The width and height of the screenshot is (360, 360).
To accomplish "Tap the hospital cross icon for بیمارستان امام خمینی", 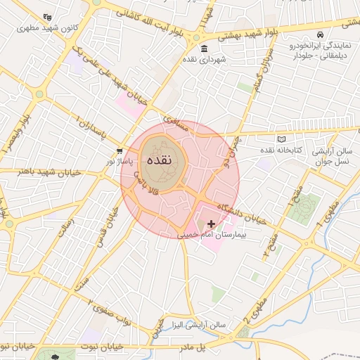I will pos(212,223).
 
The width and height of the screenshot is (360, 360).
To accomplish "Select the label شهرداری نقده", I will pos(205,60).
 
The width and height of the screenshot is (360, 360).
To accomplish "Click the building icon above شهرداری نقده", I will pos(204,49).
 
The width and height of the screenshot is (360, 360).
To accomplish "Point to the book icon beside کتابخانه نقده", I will pos(283,139).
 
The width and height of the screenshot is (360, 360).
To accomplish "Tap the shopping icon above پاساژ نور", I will pos(120,150).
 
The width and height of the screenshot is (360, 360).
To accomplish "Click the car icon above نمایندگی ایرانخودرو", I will pos(321,34).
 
